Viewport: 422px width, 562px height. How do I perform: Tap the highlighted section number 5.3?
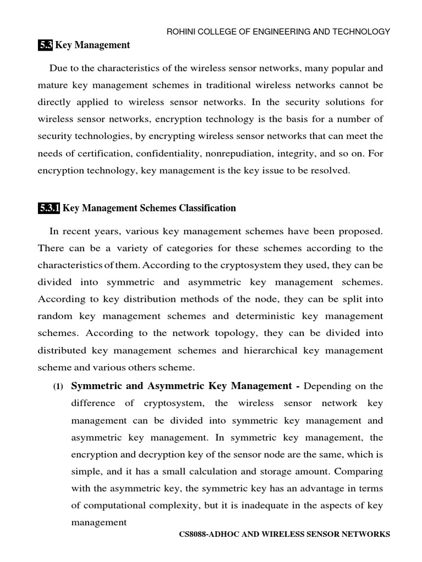(46, 45)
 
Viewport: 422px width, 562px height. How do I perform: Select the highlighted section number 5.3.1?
(49, 208)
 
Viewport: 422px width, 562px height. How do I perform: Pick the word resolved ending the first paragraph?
(329, 170)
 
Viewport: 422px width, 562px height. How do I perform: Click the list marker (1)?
(58, 387)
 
